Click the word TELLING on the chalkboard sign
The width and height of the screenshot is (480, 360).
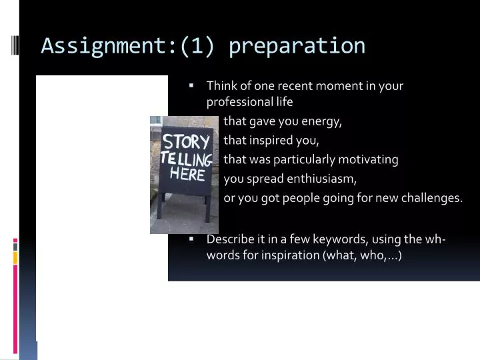click(x=187, y=159)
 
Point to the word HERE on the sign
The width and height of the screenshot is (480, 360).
click(x=187, y=174)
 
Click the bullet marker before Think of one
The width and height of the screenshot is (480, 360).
click(x=191, y=85)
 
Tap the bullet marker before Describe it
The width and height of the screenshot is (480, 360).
click(x=191, y=239)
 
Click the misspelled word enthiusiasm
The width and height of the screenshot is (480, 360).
click(x=322, y=179)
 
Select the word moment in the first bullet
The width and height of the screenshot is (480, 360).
click(x=338, y=85)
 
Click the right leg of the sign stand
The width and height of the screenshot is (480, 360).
click(x=207, y=209)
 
